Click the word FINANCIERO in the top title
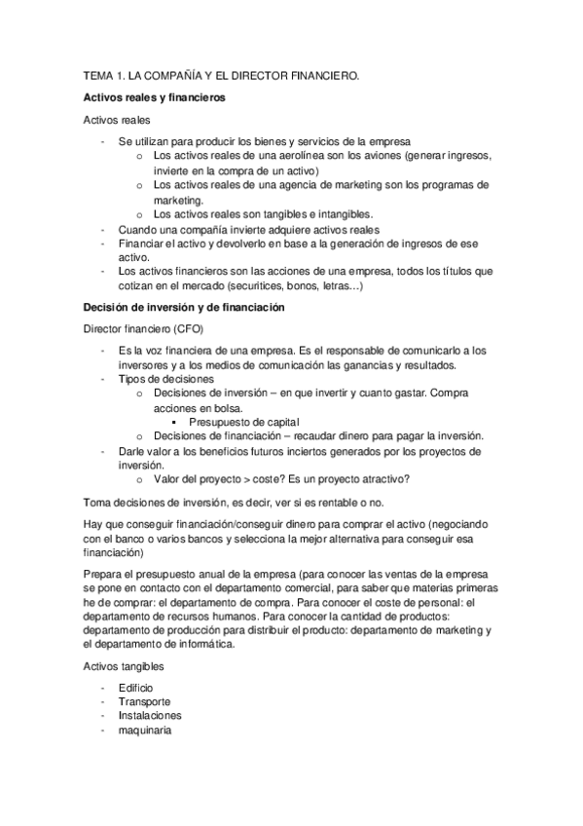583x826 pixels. [318, 74]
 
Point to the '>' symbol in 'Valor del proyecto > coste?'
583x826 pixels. [231, 479]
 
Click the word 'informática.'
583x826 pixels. [200, 644]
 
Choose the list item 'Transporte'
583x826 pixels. [144, 701]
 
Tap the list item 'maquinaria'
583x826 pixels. [145, 731]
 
